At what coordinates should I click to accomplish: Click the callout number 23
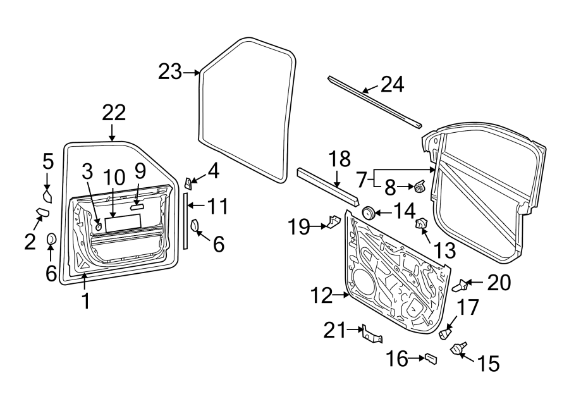170,72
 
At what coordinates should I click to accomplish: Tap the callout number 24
392,85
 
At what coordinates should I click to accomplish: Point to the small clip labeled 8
420,186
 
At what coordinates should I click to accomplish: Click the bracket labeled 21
372,335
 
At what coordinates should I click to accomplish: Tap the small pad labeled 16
431,359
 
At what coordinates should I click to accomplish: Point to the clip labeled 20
462,285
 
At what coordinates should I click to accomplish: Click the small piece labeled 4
189,183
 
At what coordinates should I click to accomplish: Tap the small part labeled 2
42,213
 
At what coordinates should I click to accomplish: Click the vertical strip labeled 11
186,221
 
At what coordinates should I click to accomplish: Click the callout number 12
321,295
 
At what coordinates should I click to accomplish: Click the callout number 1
85,301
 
